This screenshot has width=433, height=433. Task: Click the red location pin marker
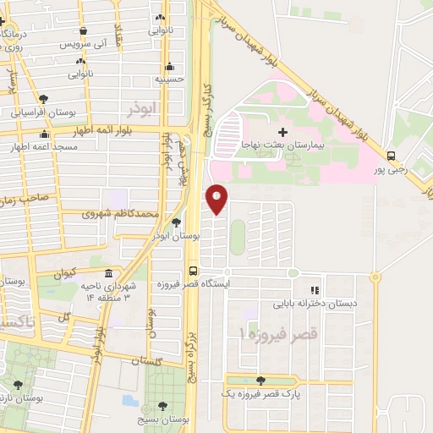tap(217, 199)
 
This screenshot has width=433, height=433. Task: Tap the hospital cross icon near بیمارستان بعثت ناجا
tap(282, 132)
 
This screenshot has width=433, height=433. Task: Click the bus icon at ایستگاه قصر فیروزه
tap(194, 271)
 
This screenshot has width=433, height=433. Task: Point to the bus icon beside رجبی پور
tap(391, 156)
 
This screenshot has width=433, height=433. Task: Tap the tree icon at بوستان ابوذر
tap(176, 222)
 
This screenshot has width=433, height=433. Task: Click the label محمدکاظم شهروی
tap(119, 214)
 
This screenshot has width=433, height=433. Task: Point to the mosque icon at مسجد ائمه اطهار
tap(45, 134)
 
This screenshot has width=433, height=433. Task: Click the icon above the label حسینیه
tap(170, 66)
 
